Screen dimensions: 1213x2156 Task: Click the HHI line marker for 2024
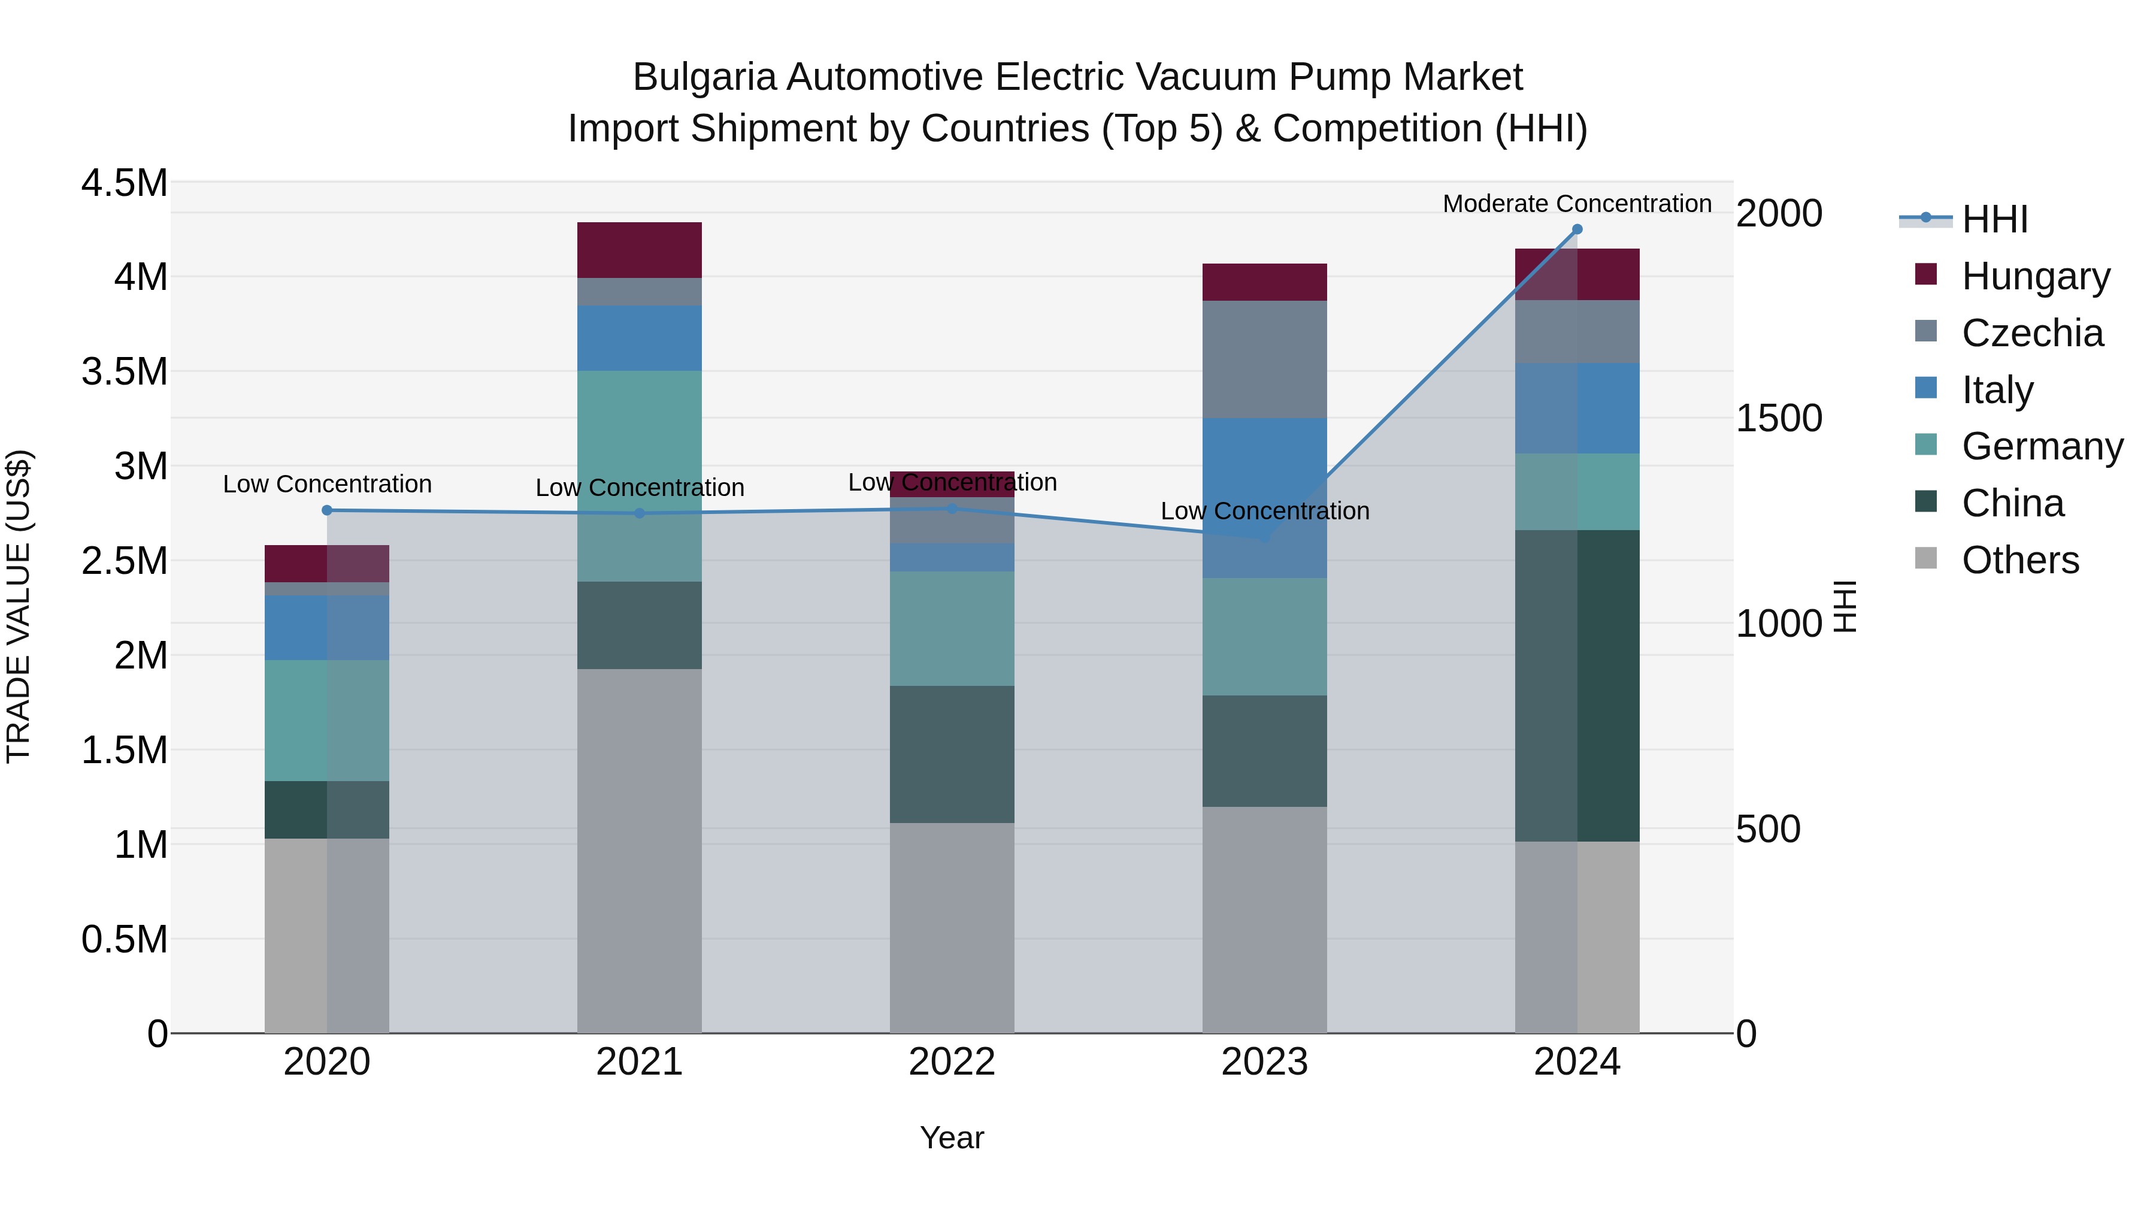point(1577,229)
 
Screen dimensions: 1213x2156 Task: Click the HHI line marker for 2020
point(327,510)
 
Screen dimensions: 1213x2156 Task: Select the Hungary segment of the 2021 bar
point(640,249)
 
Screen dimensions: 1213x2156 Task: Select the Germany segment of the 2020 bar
point(327,720)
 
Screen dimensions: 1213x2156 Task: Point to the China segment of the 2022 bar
point(952,754)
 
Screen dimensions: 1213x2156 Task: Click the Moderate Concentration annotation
point(1577,204)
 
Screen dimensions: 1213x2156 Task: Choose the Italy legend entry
point(1997,389)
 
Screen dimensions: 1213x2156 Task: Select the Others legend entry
point(2019,559)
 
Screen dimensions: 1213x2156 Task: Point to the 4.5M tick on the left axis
point(124,183)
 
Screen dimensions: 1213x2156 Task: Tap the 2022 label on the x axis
point(952,1061)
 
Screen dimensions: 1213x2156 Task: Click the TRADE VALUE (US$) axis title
point(19,606)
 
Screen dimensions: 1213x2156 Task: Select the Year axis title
point(952,1138)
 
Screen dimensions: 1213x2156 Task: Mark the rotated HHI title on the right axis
point(1845,606)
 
